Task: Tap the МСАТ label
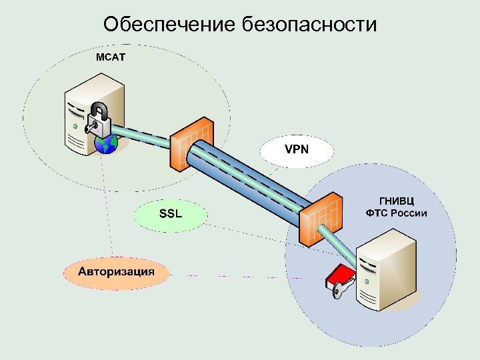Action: pyautogui.click(x=109, y=57)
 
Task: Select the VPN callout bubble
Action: pyautogui.click(x=297, y=149)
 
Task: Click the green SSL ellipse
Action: pyautogui.click(x=170, y=214)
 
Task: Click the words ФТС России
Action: pyautogui.click(x=396, y=213)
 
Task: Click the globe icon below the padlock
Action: pyautogui.click(x=106, y=143)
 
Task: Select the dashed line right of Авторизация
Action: pyautogui.click(x=233, y=275)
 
